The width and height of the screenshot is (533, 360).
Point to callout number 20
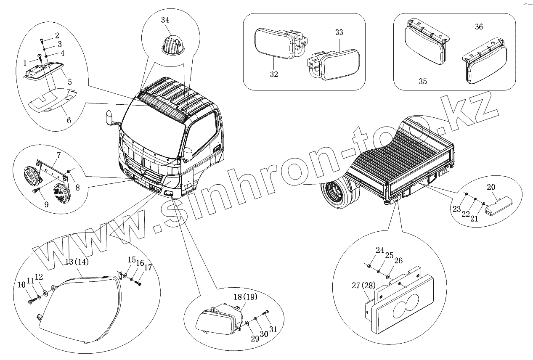(x=491, y=187)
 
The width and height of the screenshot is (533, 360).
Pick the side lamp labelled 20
(x=497, y=207)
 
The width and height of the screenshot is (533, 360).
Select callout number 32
(x=274, y=74)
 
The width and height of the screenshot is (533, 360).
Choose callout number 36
(x=479, y=27)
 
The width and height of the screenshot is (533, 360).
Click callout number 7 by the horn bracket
(x=59, y=155)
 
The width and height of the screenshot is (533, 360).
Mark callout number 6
(x=69, y=120)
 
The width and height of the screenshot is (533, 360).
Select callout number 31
(x=274, y=329)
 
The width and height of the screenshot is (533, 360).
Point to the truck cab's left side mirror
(x=111, y=117)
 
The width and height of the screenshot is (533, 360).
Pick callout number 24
(x=380, y=250)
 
